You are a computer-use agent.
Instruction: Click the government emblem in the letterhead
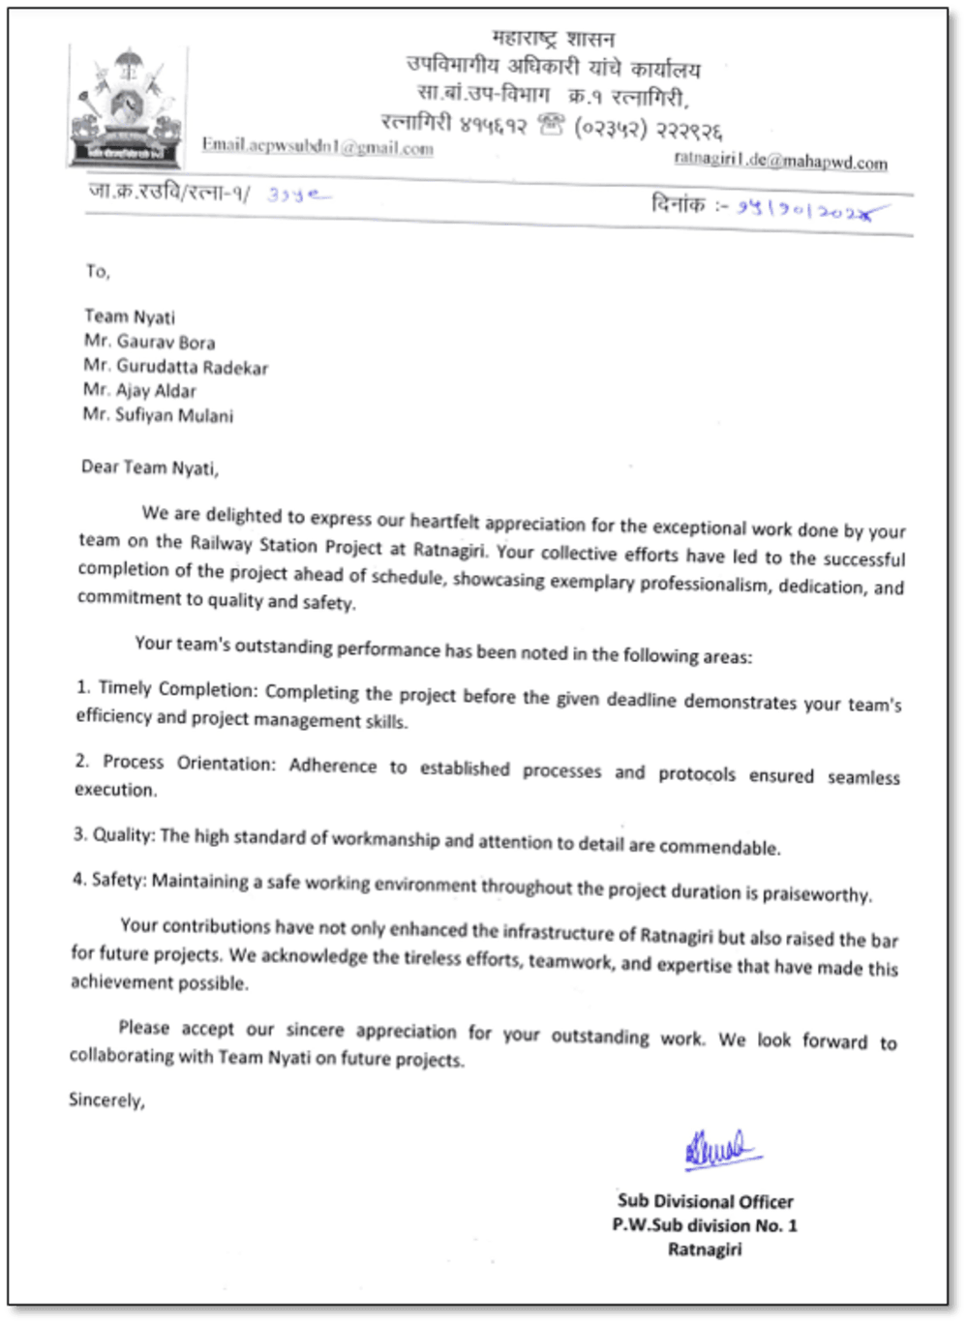[127, 106]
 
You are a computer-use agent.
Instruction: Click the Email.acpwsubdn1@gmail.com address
[317, 146]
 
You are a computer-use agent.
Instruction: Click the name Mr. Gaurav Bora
[149, 342]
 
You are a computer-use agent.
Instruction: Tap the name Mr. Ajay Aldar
[139, 391]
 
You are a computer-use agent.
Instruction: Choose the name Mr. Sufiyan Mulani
[158, 416]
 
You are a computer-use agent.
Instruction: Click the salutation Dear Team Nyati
[150, 467]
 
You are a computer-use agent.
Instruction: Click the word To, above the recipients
[98, 271]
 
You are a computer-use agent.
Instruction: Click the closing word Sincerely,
[106, 1099]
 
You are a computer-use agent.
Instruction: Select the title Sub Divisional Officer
[705, 1201]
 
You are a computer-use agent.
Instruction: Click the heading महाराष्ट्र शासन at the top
[553, 39]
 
